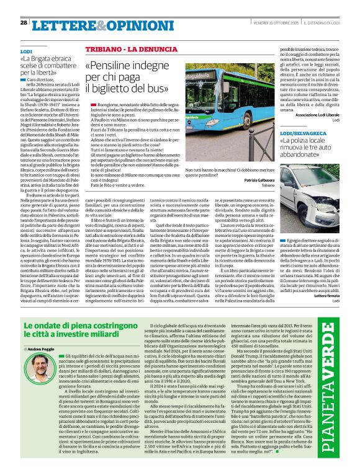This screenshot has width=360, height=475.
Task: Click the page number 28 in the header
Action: click(x=23, y=22)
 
